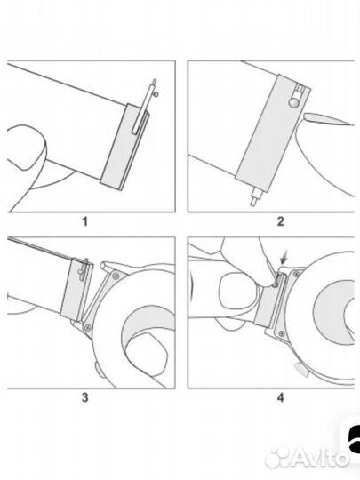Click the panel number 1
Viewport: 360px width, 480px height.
(x=85, y=221)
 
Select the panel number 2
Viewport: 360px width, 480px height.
(x=280, y=221)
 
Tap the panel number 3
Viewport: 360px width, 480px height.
(x=85, y=397)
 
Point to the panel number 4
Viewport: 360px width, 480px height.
(x=280, y=397)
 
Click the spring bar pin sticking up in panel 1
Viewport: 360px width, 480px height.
(x=144, y=108)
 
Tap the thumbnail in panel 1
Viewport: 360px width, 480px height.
(x=27, y=147)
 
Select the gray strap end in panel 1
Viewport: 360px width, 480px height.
(x=124, y=147)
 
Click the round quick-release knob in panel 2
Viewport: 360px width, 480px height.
(x=294, y=102)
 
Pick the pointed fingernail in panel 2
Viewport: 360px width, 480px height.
(x=327, y=119)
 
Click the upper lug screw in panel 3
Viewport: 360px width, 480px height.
(x=116, y=276)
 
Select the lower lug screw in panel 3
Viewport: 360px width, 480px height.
(x=88, y=327)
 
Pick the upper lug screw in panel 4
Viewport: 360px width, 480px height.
(x=296, y=274)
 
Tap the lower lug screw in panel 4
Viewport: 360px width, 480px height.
(x=281, y=333)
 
